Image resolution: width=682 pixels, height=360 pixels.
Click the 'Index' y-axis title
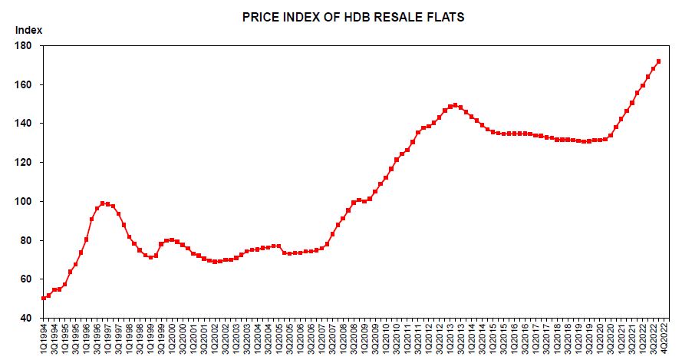28,30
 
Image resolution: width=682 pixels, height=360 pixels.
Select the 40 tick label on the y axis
27,318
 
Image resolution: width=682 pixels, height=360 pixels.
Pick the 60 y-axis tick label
27,279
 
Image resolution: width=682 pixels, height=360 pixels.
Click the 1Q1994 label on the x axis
44,339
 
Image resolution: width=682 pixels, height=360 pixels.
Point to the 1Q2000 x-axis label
173,339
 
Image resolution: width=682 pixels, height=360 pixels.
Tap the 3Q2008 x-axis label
357,339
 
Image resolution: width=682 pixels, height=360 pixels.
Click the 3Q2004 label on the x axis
271,339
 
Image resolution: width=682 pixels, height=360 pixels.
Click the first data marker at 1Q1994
44,299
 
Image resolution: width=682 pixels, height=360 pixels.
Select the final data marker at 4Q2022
659,61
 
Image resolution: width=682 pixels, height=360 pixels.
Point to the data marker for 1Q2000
172,240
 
